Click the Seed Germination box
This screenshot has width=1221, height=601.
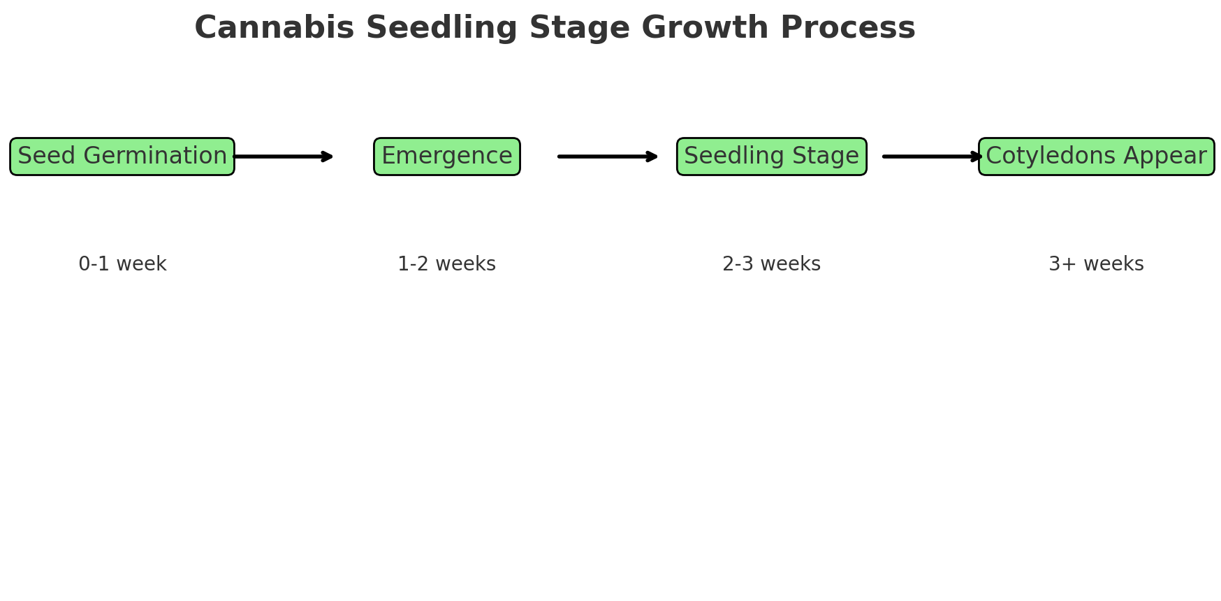pos(122,157)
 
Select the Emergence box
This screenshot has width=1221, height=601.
pos(447,157)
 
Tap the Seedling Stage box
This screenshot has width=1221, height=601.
pos(772,157)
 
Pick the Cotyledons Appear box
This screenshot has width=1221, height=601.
pos(1096,157)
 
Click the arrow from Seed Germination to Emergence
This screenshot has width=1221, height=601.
pos(283,157)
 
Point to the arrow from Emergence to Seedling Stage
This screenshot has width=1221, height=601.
pos(608,157)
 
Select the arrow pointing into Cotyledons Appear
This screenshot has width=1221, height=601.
pos(932,157)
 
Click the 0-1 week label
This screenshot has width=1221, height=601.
pos(122,264)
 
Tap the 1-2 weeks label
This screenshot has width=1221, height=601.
pos(447,264)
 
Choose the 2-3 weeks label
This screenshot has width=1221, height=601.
pos(772,264)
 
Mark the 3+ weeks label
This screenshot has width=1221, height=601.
pos(1096,264)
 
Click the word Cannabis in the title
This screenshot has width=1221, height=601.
pos(275,28)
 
